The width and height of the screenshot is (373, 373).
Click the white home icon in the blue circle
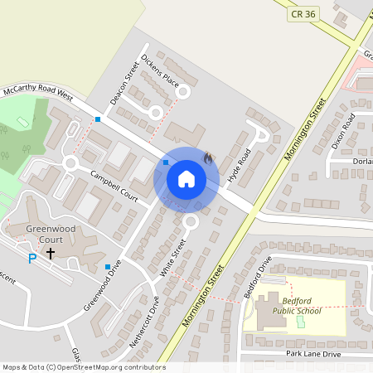tap(186, 178)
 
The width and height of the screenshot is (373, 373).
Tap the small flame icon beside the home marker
tap(208, 157)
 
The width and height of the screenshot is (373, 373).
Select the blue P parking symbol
tap(32, 259)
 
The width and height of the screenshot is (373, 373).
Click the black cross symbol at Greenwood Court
tap(51, 252)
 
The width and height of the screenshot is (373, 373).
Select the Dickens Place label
tap(160, 71)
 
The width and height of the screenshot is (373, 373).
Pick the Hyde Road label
tap(240, 166)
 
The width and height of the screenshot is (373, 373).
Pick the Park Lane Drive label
tap(313, 354)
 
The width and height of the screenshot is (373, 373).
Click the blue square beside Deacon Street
tap(98, 119)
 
